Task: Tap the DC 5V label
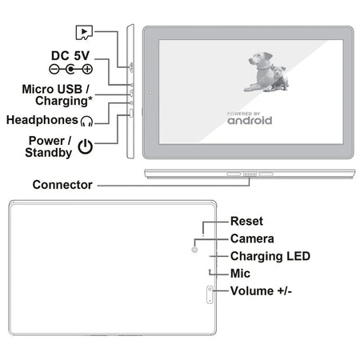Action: tap(72, 55)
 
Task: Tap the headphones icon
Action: tap(86, 121)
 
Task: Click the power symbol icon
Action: tap(86, 146)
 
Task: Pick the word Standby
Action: tap(48, 152)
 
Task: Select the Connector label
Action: tap(62, 185)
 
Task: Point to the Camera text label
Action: tap(252, 238)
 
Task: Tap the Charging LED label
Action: tap(270, 256)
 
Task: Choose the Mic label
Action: tap(240, 274)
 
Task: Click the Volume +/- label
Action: tap(261, 291)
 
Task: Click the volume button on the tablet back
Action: tap(210, 300)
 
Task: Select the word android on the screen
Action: tap(250, 121)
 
